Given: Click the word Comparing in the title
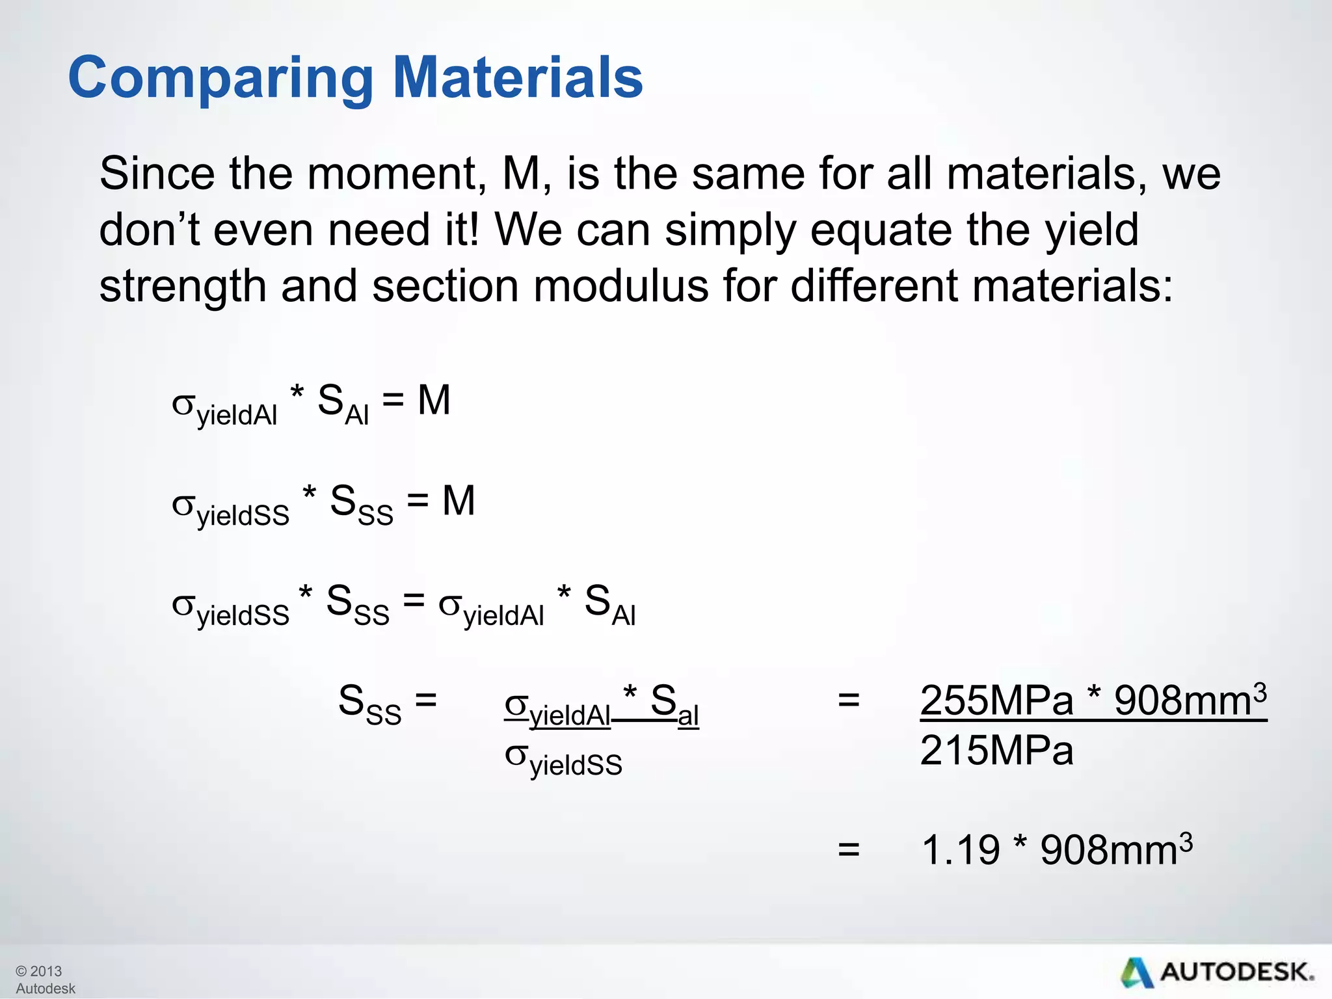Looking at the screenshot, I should [220, 78].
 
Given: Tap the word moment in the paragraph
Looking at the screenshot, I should [396, 174].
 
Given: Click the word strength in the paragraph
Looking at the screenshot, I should [182, 287].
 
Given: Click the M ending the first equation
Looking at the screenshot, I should [434, 400].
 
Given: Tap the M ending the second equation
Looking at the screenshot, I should [459, 501].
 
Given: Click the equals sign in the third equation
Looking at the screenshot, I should [414, 600].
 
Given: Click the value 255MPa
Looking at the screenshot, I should [996, 701].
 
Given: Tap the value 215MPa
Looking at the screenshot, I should [996, 751].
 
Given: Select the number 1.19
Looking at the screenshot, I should [960, 850].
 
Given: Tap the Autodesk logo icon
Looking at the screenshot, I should [1137, 973].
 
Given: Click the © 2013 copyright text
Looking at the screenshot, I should [38, 971].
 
